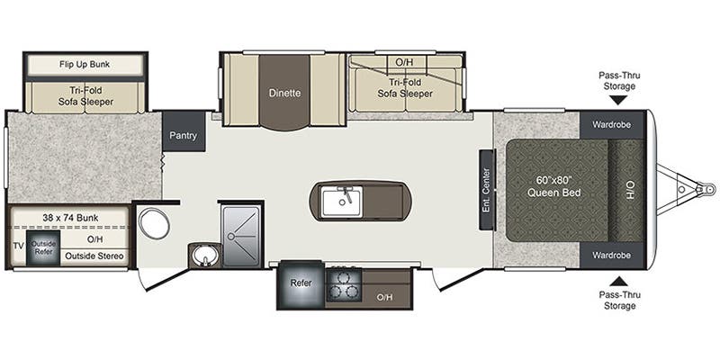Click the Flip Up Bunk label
point(85,65)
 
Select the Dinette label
point(284,93)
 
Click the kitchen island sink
point(343,199)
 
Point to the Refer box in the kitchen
point(300,283)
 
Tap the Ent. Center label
point(485,189)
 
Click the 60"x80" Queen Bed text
point(553,185)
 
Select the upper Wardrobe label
point(611,123)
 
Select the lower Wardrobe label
point(611,256)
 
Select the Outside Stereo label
point(94,257)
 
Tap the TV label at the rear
point(17,245)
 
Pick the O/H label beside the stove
point(384,297)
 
